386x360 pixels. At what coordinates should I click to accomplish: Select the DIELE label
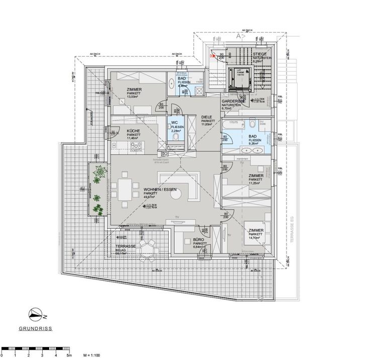tap(208, 117)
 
